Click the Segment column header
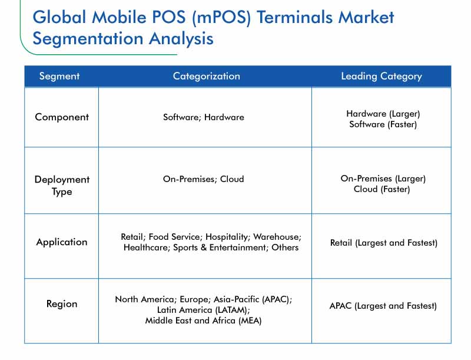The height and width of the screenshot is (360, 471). tap(59, 76)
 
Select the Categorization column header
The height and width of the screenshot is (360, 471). tap(207, 76)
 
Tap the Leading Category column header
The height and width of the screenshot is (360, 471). tap(382, 77)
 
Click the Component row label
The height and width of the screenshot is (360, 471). tap(62, 117)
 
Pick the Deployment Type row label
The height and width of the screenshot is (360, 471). tap(62, 186)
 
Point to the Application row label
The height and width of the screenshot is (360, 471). tap(62, 242)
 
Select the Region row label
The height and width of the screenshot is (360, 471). tap(62, 304)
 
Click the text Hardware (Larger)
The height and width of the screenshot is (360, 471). tap(383, 114)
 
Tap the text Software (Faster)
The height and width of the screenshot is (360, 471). tap(383, 124)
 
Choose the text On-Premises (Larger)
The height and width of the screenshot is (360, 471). tap(383, 179)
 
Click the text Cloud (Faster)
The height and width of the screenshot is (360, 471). tap(382, 189)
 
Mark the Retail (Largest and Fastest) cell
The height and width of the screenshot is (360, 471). tap(384, 243)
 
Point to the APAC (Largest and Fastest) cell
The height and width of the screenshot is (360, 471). tap(383, 306)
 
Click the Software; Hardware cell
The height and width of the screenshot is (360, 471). tap(204, 117)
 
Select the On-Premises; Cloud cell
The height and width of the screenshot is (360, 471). tap(203, 179)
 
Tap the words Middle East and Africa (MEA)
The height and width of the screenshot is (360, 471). tap(203, 321)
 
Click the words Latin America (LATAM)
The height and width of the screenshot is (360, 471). tap(203, 310)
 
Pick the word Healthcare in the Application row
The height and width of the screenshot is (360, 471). tap(147, 247)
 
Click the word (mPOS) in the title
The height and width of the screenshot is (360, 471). tap(221, 17)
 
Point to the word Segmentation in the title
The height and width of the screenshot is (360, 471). tap(88, 39)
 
